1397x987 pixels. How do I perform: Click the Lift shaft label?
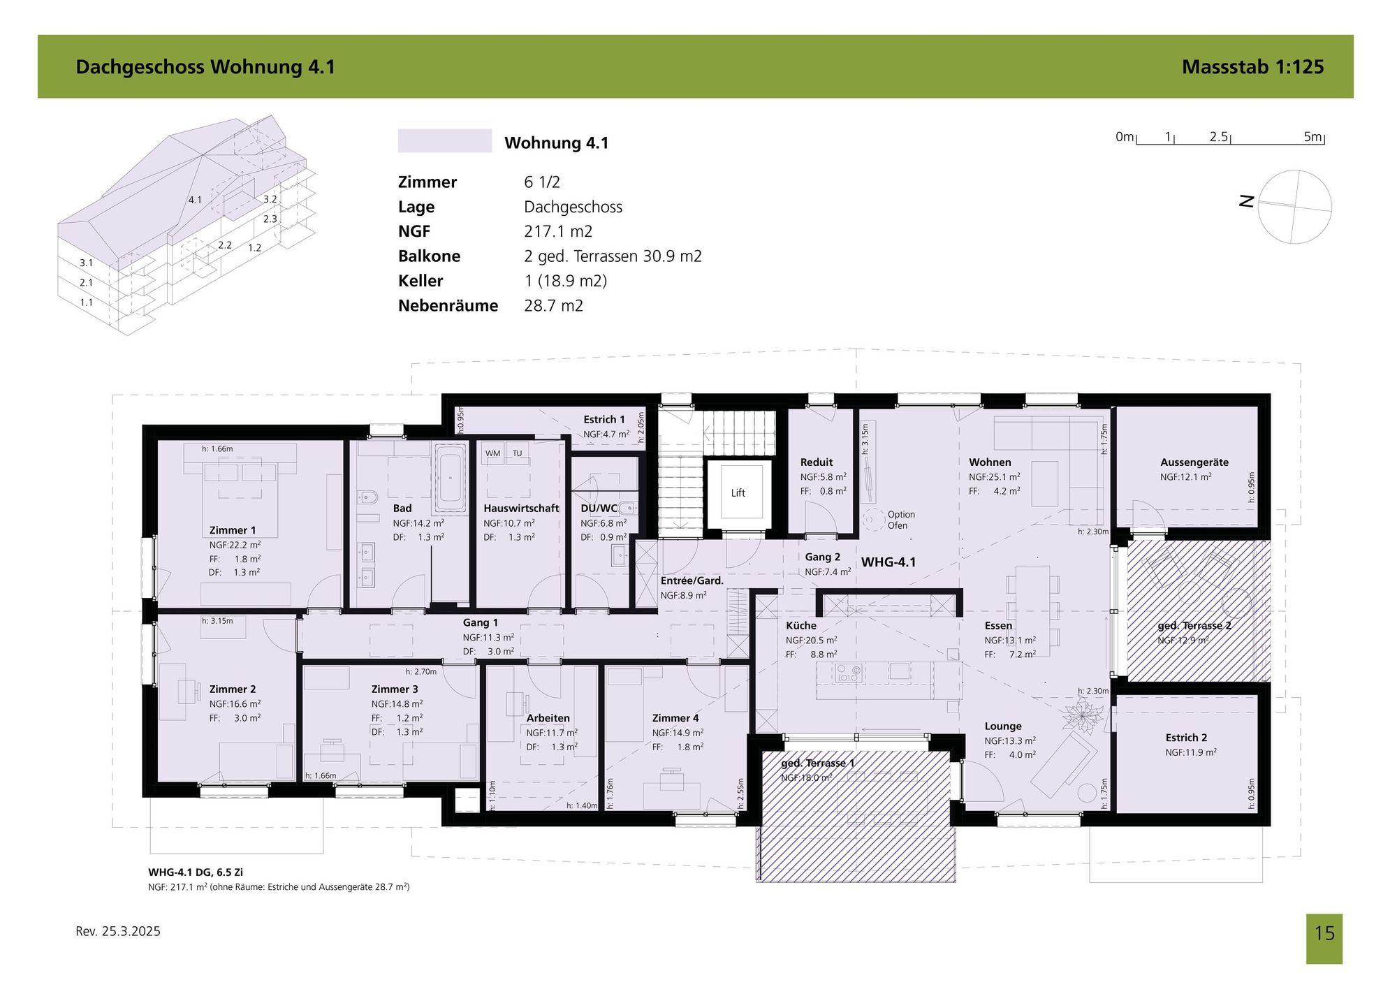pos(738,492)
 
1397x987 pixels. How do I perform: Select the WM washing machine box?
pos(493,453)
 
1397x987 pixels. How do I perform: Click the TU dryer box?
pos(518,453)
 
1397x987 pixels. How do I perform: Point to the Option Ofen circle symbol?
pos(872,520)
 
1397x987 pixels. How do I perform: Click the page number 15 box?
pos(1324,939)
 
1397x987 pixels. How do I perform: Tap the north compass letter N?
pos(1246,201)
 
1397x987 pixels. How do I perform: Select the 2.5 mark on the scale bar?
pos(1219,137)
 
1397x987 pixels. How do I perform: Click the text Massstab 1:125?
pos(1252,66)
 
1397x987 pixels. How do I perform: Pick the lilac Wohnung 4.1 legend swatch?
pos(445,140)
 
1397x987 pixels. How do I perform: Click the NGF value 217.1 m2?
pos(558,231)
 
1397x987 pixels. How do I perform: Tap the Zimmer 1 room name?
pos(233,530)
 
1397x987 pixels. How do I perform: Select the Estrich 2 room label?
pos(1186,738)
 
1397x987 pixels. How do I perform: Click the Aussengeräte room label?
pos(1194,462)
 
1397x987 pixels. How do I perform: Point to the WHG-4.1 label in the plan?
pos(888,562)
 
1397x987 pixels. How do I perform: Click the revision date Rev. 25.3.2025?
pos(118,931)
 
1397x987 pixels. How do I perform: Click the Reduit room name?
pos(817,462)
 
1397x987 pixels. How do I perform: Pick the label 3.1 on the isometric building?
pos(86,263)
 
